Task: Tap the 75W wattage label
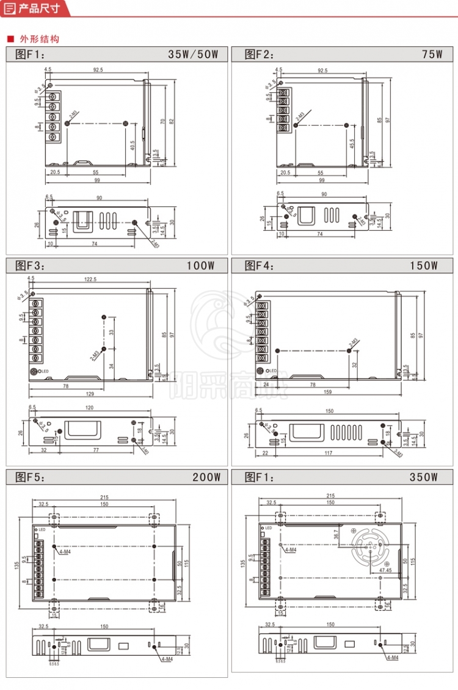(x=432, y=54)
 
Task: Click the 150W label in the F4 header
(x=424, y=266)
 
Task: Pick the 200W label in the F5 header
(x=205, y=477)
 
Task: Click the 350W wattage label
(x=424, y=477)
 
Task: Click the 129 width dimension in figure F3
(x=90, y=392)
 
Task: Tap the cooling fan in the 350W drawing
(x=370, y=546)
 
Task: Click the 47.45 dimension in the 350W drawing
(x=385, y=570)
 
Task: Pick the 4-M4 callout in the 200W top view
(x=65, y=551)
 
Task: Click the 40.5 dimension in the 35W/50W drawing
(x=133, y=145)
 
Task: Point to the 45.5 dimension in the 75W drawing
(x=352, y=144)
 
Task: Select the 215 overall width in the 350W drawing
(x=330, y=496)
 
